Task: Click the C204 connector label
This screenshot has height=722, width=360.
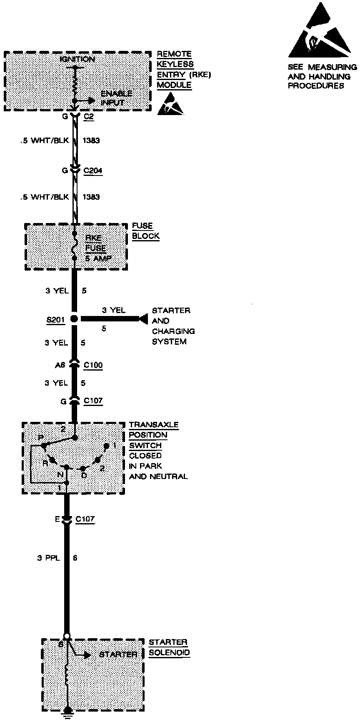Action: (x=93, y=171)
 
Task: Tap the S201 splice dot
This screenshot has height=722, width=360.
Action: (x=74, y=319)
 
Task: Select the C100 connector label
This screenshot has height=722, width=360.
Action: (x=93, y=366)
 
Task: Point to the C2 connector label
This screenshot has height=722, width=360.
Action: (x=88, y=117)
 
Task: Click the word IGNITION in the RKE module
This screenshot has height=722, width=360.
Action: (x=77, y=60)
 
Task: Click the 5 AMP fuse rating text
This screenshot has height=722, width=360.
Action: (x=98, y=258)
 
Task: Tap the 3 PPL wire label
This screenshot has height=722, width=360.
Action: (x=48, y=557)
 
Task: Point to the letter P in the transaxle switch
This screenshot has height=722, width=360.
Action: (x=40, y=437)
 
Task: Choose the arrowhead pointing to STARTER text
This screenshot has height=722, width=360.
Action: (x=87, y=655)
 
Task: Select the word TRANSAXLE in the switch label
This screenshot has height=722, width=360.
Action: (x=153, y=425)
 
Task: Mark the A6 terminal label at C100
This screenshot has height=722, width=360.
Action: (x=60, y=366)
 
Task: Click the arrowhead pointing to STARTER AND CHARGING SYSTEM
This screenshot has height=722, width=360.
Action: (x=143, y=319)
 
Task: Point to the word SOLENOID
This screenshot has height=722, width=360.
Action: (x=169, y=653)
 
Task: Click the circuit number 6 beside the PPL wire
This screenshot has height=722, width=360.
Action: (x=75, y=557)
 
